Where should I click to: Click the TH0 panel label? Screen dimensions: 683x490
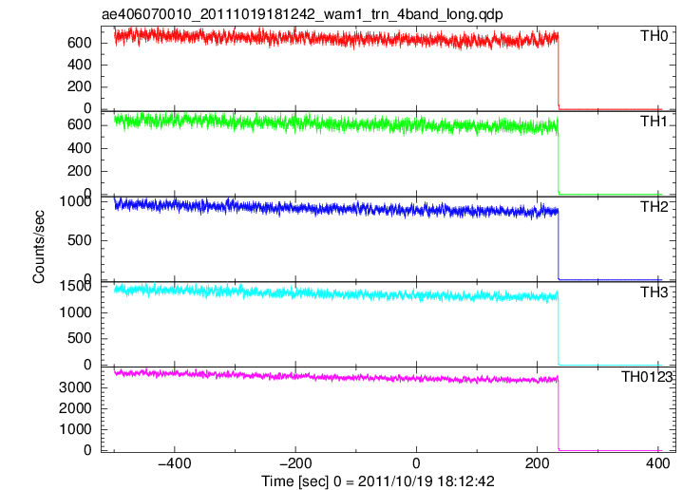tap(654, 36)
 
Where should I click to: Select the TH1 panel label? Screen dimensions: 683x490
tap(654, 122)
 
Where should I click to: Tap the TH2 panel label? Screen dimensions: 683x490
tap(654, 206)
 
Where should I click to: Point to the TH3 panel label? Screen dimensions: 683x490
tap(654, 292)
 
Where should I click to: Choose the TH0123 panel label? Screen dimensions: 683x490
tap(647, 377)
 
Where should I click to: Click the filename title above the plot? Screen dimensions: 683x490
tap(302, 14)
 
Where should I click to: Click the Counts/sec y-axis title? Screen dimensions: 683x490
tap(38, 247)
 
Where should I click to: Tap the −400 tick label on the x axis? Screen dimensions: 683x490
tap(174, 463)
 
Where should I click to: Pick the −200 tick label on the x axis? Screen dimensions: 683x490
tap(295, 463)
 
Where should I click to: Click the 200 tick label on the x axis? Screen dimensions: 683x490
tap(537, 463)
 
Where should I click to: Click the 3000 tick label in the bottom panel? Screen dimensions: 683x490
tap(75, 387)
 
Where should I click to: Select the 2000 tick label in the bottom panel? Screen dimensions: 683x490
tap(75, 408)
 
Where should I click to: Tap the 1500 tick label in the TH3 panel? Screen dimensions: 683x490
tap(75, 286)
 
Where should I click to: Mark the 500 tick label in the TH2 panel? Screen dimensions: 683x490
tap(79, 240)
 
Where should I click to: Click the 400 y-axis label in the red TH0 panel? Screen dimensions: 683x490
tap(79, 65)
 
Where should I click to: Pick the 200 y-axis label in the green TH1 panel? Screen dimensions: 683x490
tap(79, 171)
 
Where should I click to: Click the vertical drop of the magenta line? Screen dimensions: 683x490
tap(558, 414)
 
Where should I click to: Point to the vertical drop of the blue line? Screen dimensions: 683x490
tap(558, 245)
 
